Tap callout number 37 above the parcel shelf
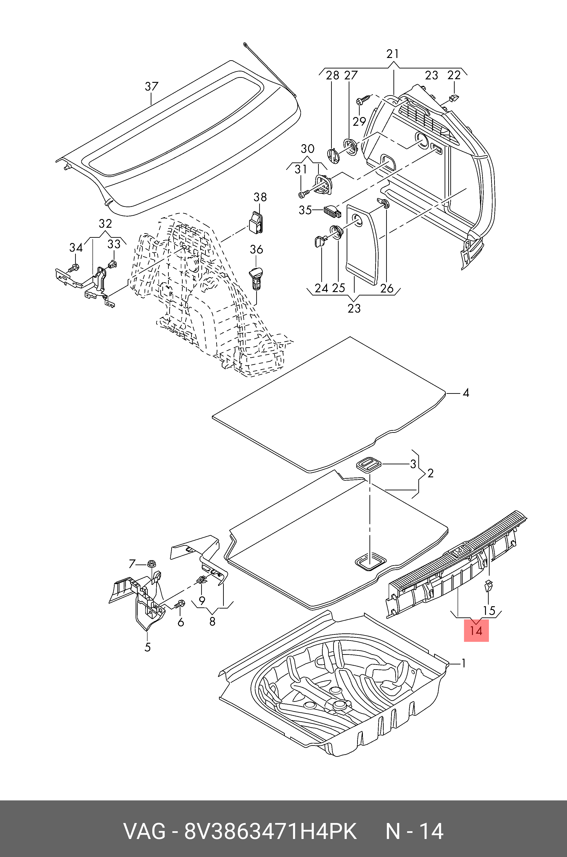tap(152, 86)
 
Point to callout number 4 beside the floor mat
tap(466, 393)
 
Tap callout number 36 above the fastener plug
tap(256, 249)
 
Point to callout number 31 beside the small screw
tap(300, 169)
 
